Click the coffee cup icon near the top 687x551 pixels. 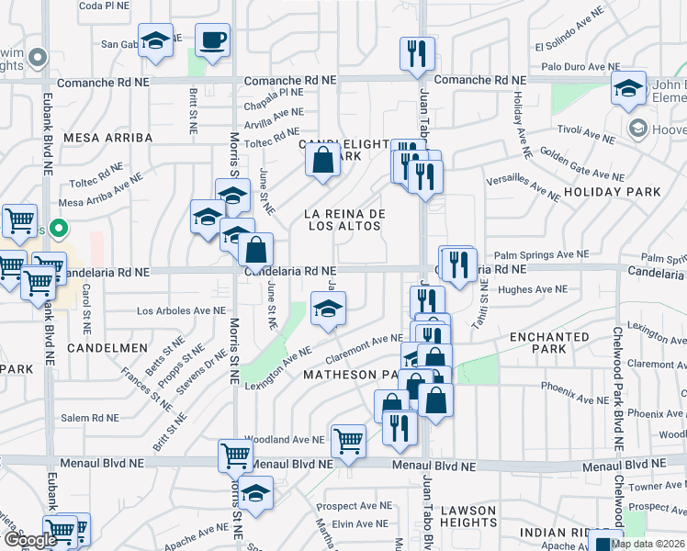point(212,40)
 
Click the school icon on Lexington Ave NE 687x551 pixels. point(328,309)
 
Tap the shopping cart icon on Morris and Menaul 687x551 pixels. point(235,454)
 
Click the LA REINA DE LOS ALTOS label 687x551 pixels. point(344,219)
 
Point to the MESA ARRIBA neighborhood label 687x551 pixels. point(107,137)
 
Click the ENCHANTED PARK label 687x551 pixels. point(549,343)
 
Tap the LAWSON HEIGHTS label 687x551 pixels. point(467,516)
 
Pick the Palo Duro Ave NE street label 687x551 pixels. point(578,66)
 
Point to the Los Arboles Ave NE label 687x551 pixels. point(181,310)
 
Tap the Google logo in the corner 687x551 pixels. point(29,540)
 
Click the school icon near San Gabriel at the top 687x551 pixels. point(156,41)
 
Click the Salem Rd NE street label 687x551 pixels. point(89,417)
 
